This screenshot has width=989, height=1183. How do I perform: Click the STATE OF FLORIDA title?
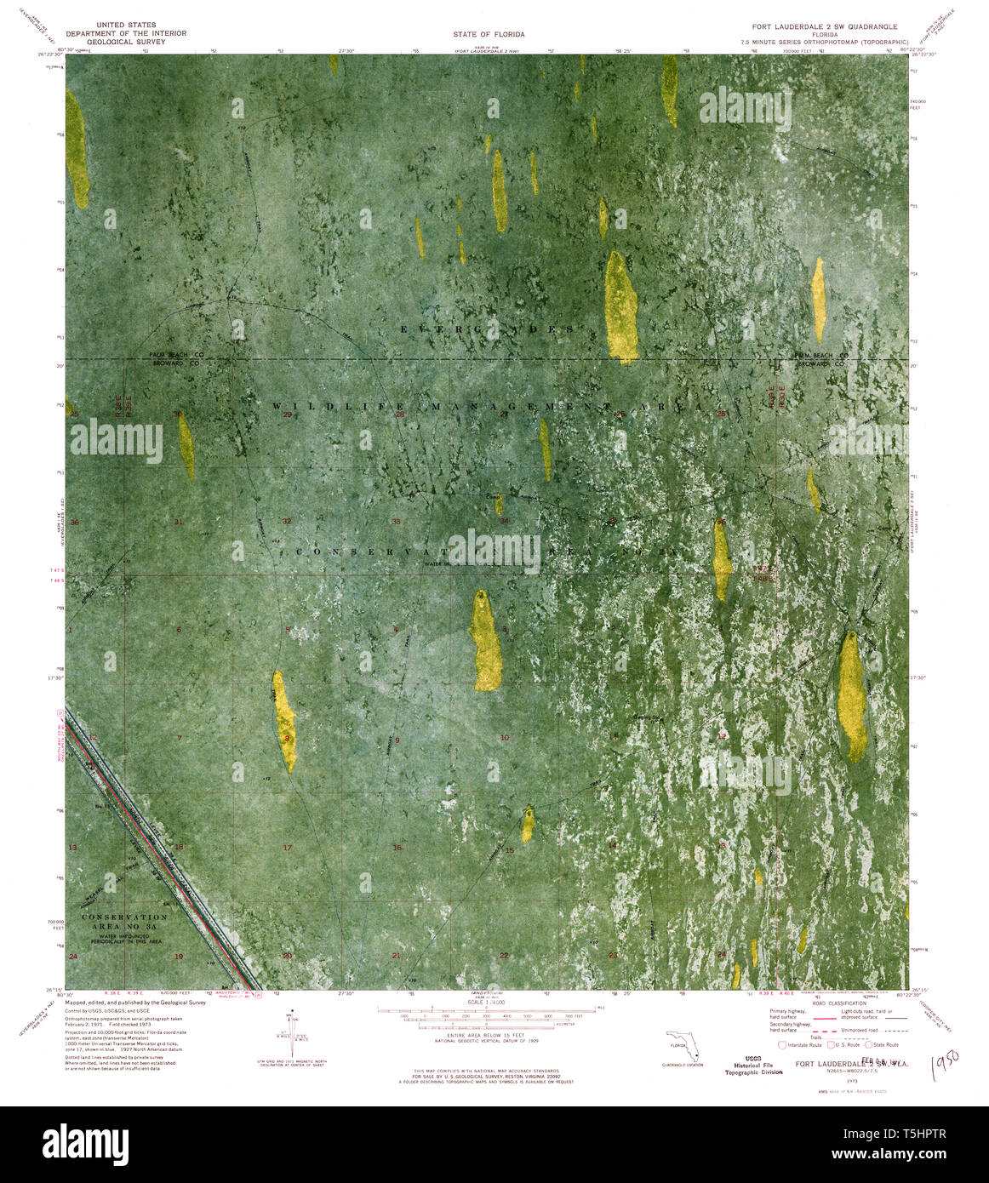tap(494, 34)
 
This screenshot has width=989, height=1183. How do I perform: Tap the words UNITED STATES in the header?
tap(126, 26)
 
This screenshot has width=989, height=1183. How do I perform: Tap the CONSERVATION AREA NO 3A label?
tap(125, 923)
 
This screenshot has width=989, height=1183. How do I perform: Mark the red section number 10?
tap(505, 737)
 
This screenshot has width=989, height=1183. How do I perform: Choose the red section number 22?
tap(504, 956)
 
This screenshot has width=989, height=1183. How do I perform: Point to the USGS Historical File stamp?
tap(748, 1065)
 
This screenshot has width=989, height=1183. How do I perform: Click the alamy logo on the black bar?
tap(85, 1144)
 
